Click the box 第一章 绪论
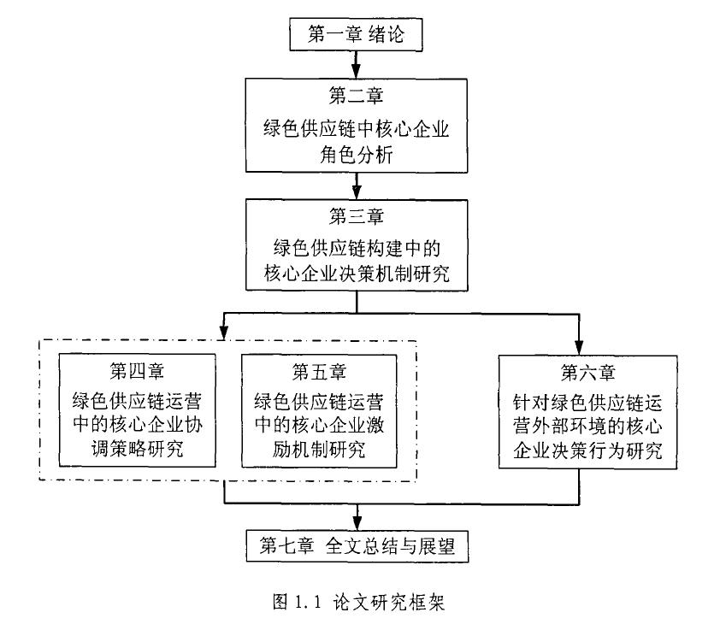[x=355, y=33]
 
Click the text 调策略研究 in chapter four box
[x=137, y=449]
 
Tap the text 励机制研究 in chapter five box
[x=319, y=449]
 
